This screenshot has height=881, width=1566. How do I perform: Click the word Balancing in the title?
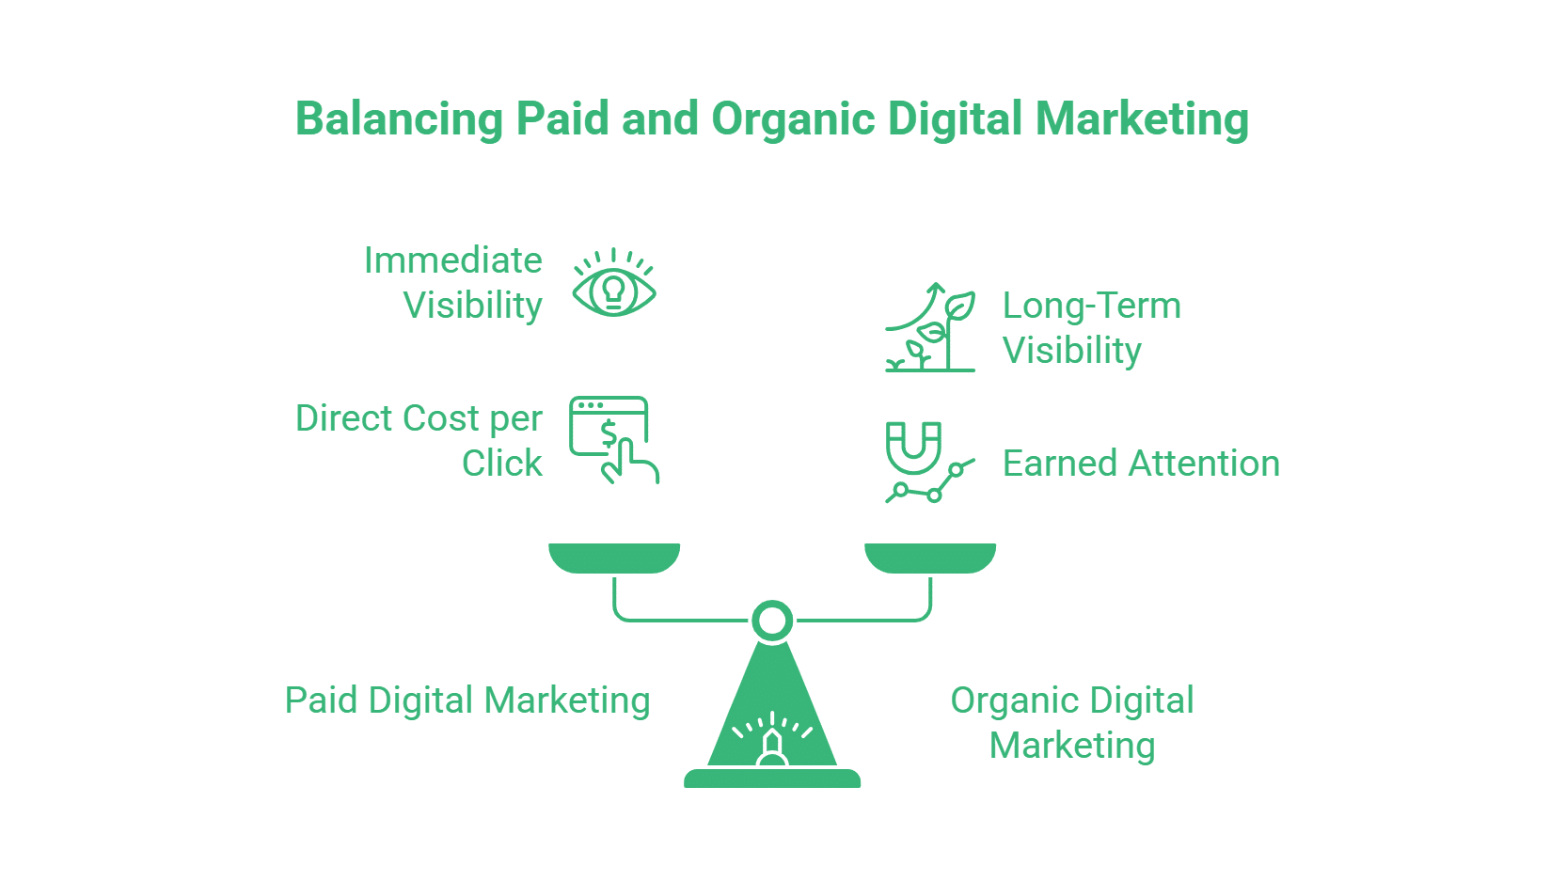click(400, 120)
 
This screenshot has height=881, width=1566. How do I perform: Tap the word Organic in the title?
click(792, 120)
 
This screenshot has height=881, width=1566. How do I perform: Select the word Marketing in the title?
click(1142, 120)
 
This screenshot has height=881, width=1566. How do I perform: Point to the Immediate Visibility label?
click(453, 282)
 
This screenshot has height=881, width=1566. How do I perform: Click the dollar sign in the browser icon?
click(609, 433)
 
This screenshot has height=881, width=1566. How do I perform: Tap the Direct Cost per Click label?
click(419, 440)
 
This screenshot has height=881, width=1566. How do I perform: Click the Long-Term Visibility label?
click(1091, 327)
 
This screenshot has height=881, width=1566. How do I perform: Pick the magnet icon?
click(912, 447)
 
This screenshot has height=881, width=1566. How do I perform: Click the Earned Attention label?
click(1141, 464)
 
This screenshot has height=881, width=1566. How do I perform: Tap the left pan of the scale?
click(614, 557)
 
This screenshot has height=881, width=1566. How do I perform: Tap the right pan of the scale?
click(930, 557)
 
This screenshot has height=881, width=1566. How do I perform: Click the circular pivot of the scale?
click(772, 621)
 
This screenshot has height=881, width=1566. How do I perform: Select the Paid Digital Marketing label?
click(467, 700)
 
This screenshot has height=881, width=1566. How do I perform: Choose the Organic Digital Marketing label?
click(1072, 722)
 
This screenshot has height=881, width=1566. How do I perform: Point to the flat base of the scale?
click(772, 779)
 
